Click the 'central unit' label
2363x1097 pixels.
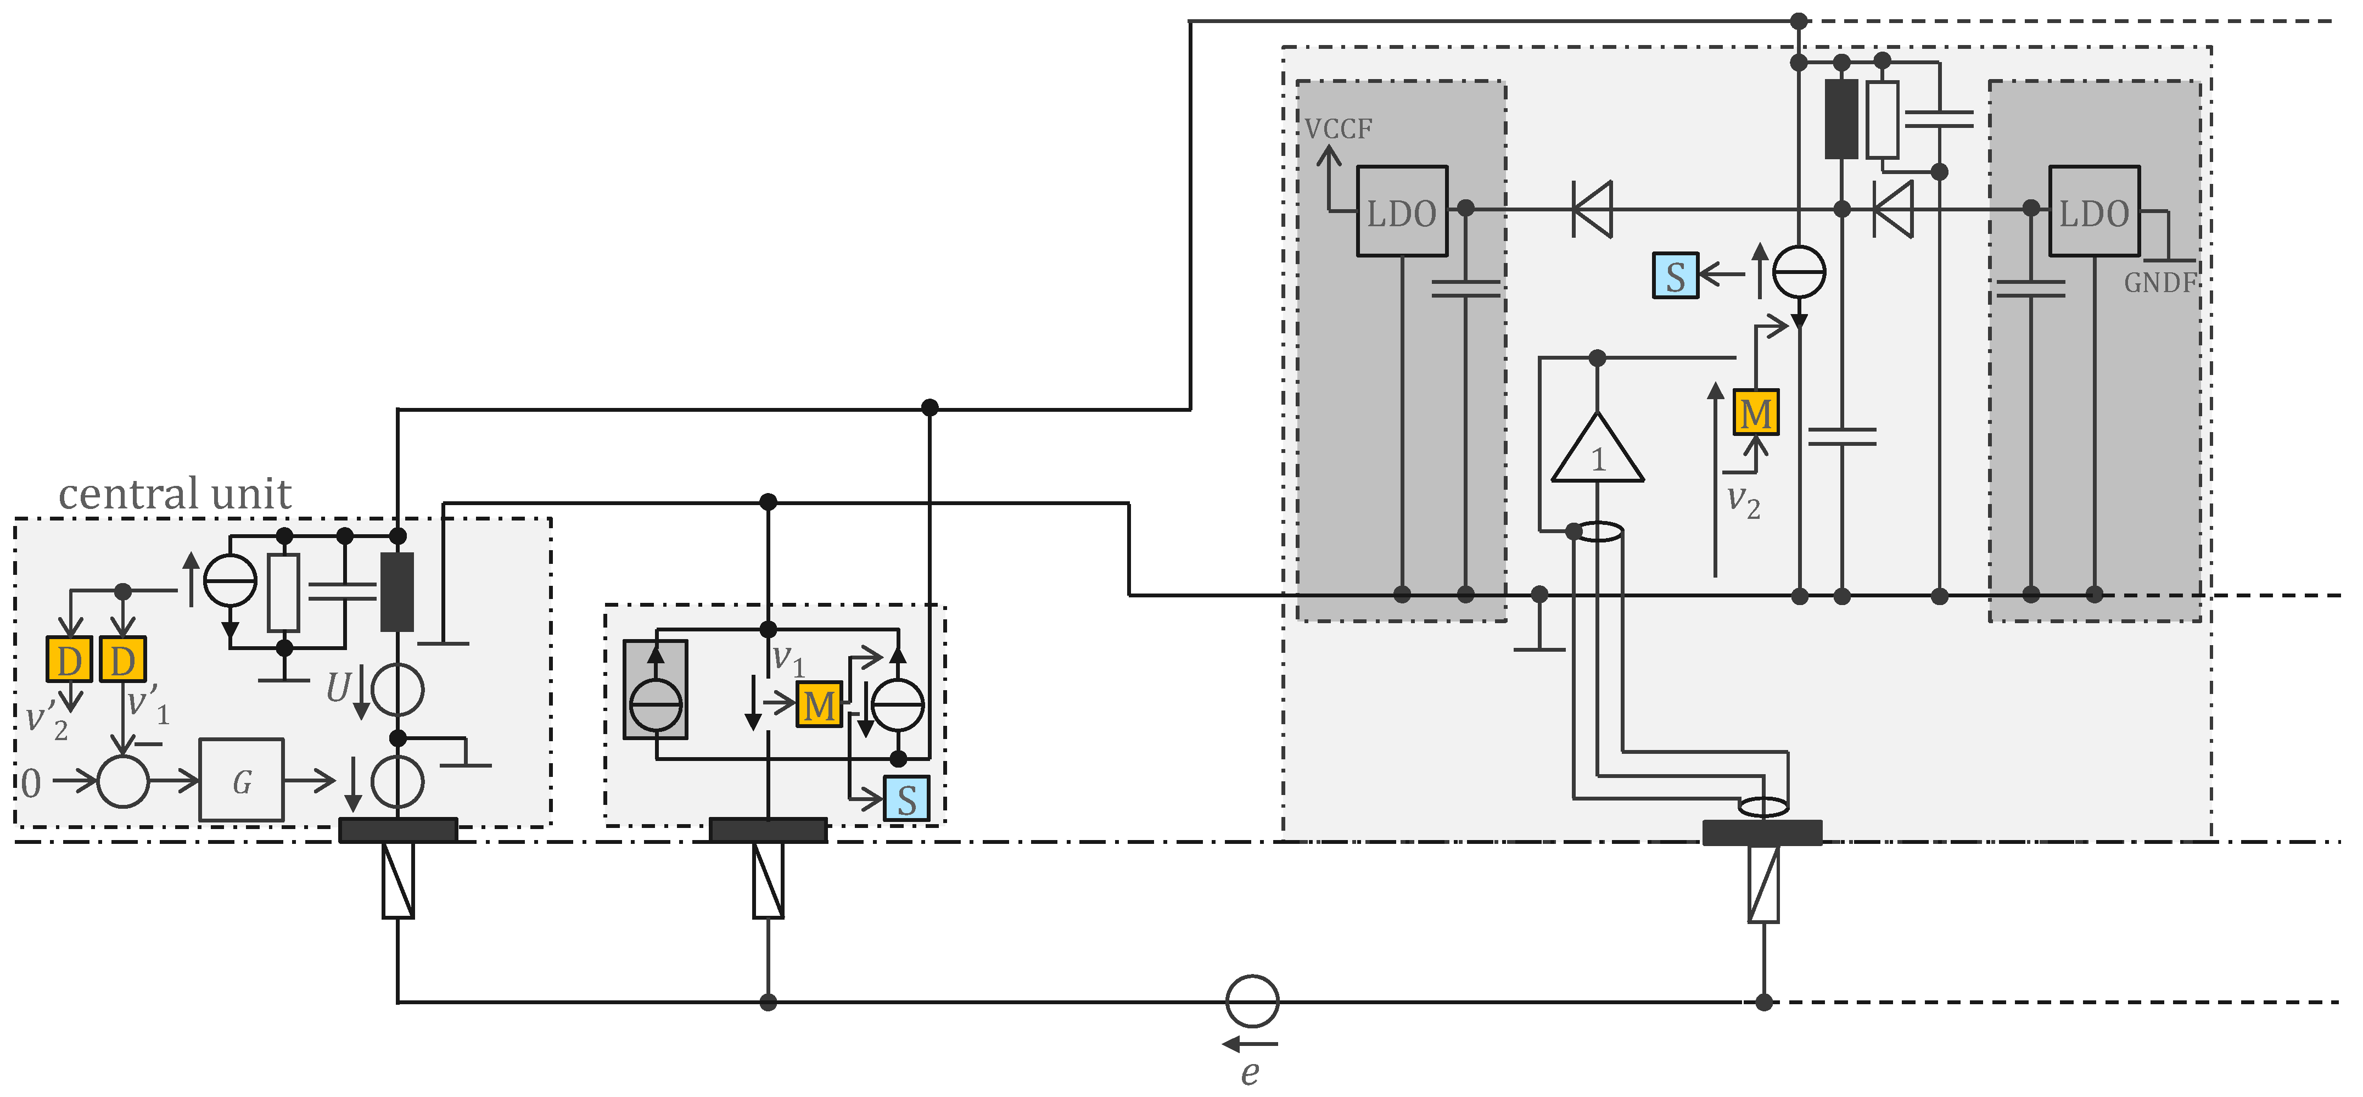pos(174,494)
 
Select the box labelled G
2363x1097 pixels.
pos(241,781)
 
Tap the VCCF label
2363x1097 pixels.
pos(1339,130)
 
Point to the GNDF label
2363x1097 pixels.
pos(2160,283)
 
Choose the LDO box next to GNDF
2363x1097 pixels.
pos(2093,212)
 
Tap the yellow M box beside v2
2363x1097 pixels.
pos(1756,413)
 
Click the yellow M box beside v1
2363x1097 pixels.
pos(818,706)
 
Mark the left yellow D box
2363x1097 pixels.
pos(69,661)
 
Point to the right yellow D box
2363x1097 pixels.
pos(123,661)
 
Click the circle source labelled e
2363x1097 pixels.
pos(1252,1001)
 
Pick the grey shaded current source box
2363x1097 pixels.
pos(655,690)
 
